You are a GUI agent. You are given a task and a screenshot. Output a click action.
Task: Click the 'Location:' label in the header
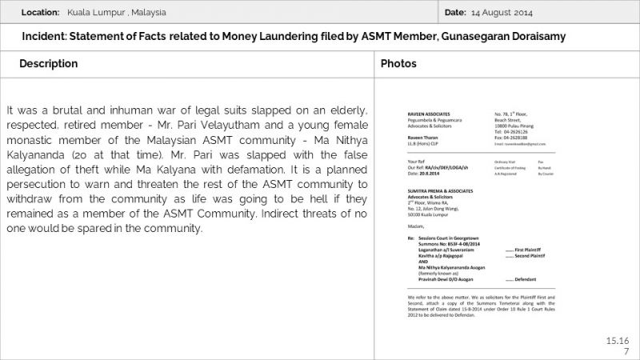tap(41, 13)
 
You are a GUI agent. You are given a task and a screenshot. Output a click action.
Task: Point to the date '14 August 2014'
tap(502, 13)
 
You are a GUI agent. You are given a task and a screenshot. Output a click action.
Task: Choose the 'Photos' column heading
tap(398, 63)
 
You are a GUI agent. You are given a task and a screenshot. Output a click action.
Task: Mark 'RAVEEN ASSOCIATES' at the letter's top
tap(425, 114)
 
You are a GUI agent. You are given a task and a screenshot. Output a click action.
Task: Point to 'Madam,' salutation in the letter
tap(416, 225)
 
